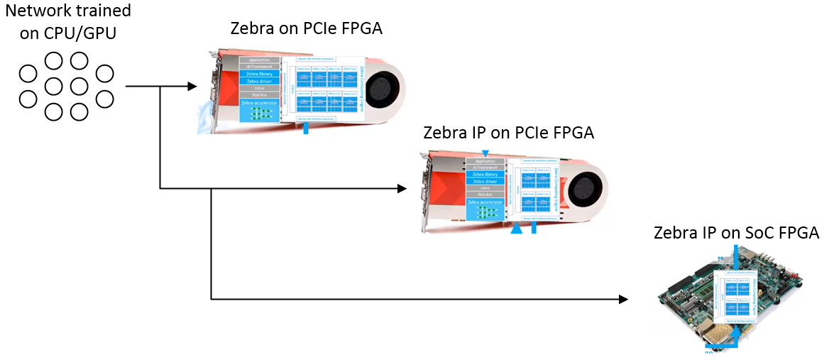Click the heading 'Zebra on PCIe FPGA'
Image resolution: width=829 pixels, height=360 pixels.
point(307,28)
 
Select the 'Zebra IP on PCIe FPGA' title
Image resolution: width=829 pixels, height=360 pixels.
point(508,133)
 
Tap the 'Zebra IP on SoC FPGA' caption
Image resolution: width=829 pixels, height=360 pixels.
point(736,233)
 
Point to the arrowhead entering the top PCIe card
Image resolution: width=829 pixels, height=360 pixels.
point(192,87)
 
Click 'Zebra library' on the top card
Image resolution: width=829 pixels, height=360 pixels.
point(260,73)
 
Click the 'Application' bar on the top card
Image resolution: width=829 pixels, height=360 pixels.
point(260,60)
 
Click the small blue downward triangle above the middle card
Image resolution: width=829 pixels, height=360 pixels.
point(485,153)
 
